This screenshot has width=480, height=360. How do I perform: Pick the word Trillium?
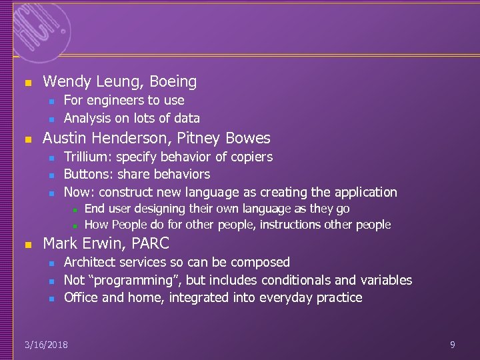pos(86,157)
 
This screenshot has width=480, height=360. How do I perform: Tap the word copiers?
pos(251,157)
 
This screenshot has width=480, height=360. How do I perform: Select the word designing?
pos(161,209)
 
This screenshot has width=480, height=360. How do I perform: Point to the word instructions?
pos(291,225)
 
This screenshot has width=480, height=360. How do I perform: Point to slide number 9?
pos(453,345)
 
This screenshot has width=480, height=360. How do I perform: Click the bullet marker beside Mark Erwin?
pos(27,245)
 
